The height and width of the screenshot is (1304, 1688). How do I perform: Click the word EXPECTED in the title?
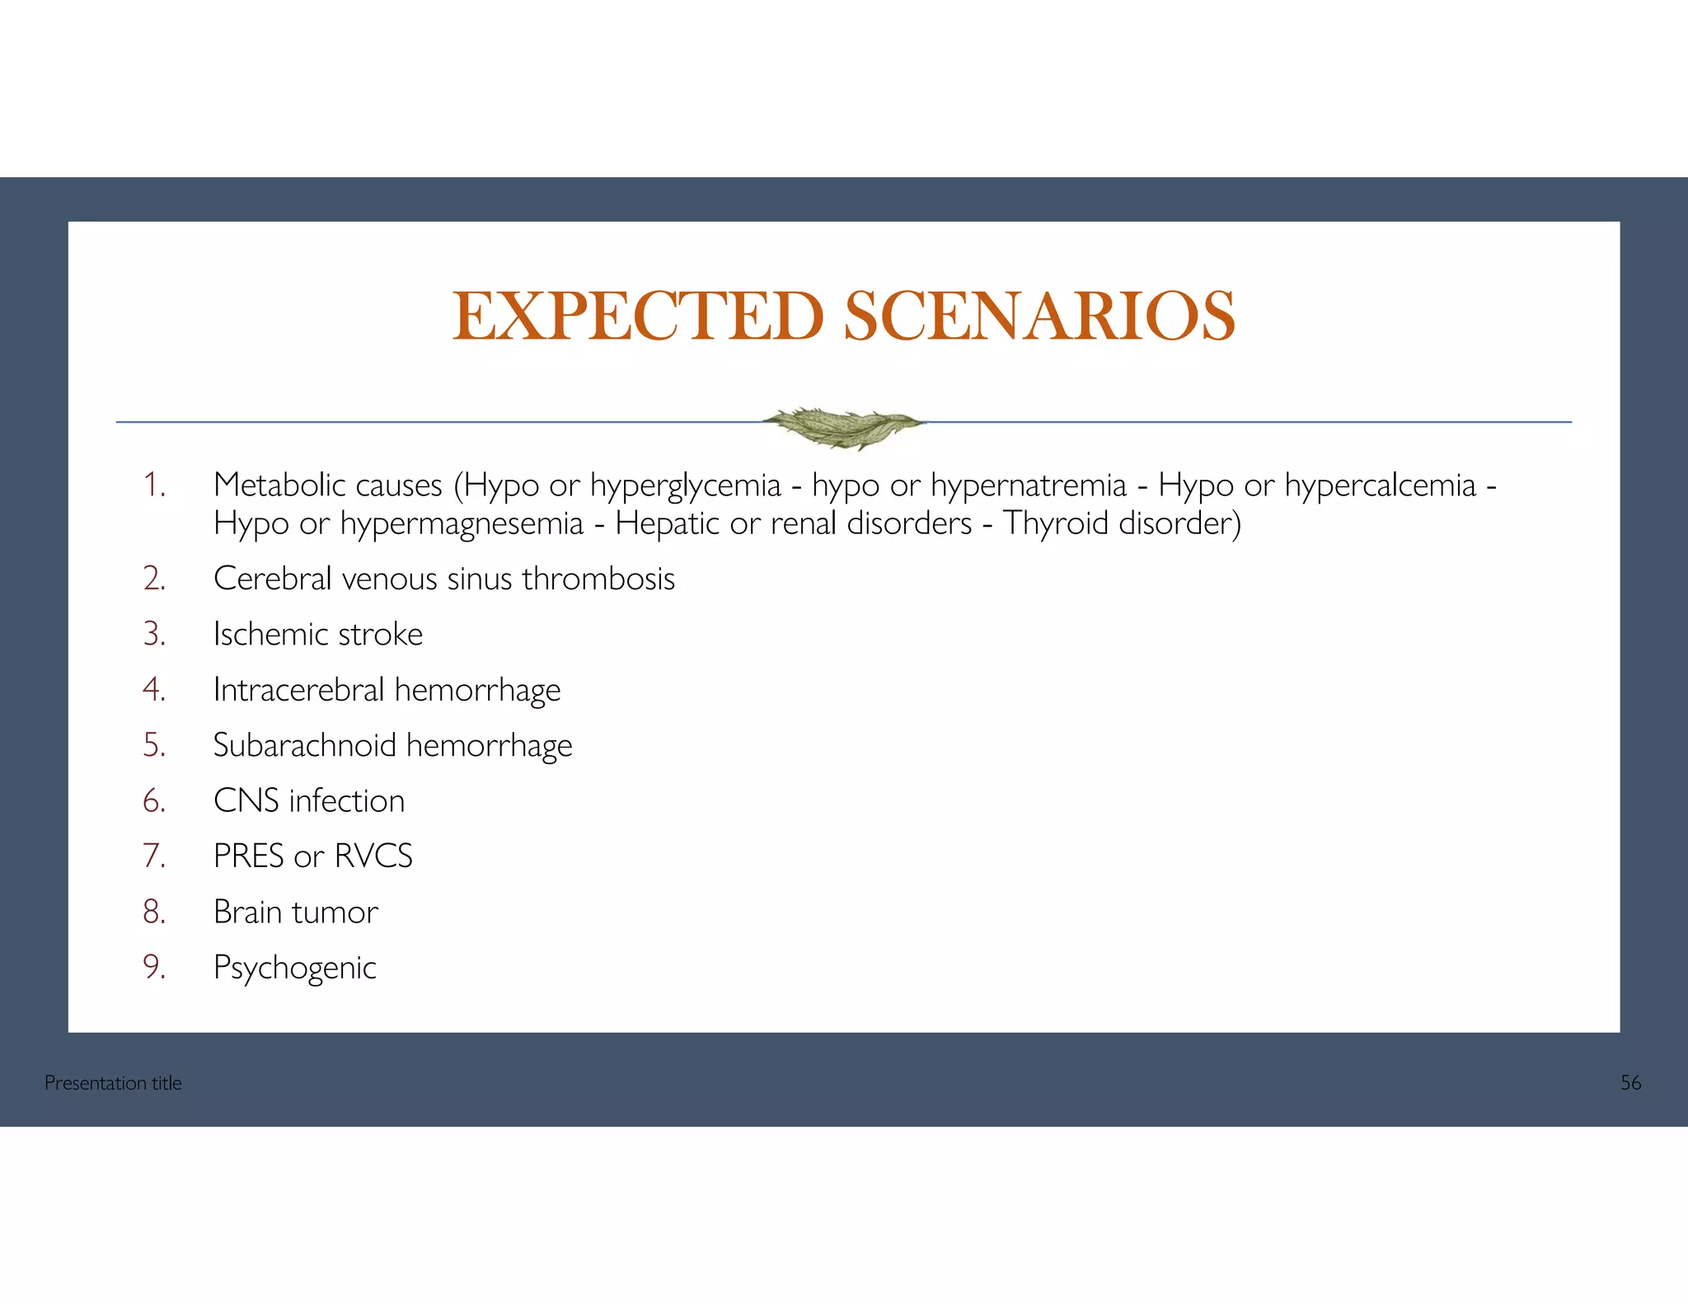(x=637, y=317)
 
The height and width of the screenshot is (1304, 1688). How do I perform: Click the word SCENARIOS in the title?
(x=1039, y=317)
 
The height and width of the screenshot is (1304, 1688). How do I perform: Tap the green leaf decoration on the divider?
(x=843, y=426)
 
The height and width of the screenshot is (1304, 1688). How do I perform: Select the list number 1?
(x=154, y=485)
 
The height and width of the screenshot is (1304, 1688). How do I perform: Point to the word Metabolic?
(x=279, y=485)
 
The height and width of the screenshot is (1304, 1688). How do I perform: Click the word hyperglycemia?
(x=685, y=486)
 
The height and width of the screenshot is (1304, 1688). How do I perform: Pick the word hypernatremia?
(x=1028, y=486)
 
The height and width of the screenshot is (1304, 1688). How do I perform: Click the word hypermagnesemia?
(x=462, y=524)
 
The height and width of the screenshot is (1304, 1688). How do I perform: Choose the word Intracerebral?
(x=298, y=689)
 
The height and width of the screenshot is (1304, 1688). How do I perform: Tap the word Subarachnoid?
(x=305, y=745)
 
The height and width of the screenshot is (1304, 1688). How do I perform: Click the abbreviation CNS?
(x=246, y=801)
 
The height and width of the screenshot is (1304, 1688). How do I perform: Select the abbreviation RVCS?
(x=373, y=856)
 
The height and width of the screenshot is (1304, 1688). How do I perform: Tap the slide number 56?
(x=1630, y=1083)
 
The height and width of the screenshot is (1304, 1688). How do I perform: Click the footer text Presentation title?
(x=113, y=1083)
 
